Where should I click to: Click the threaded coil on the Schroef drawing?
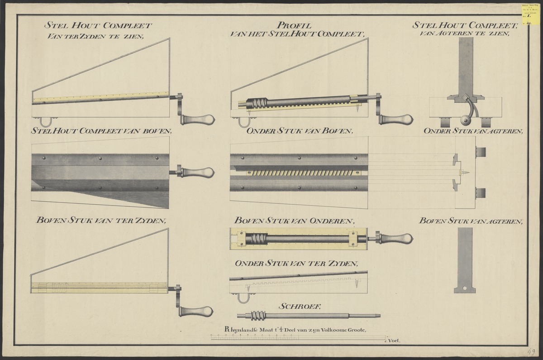(x=256, y=316)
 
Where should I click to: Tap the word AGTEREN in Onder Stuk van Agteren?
(x=503, y=132)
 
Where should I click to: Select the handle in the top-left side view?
(x=198, y=120)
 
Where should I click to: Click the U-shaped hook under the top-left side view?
(x=46, y=122)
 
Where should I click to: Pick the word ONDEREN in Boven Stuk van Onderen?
(x=334, y=221)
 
